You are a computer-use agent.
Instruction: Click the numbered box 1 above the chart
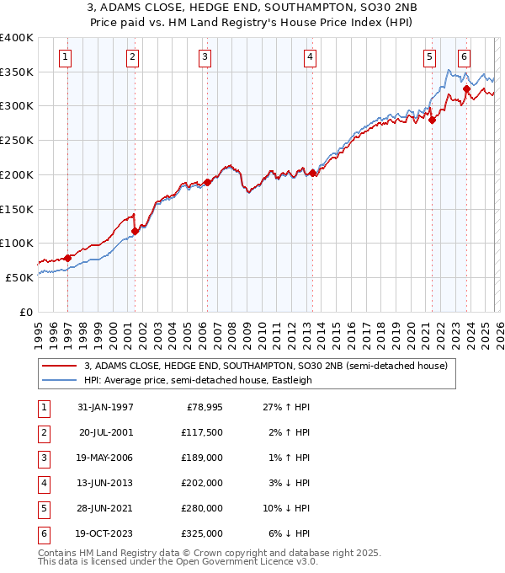66,57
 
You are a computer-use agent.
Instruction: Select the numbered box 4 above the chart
311,57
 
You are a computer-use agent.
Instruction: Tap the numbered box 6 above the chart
464,57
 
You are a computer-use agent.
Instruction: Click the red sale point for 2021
432,120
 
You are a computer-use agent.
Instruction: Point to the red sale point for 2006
207,181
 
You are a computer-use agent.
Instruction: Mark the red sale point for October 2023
466,88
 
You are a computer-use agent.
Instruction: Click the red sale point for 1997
67,258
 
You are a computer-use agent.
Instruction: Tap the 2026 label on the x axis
498,330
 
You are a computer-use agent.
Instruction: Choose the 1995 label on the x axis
38,330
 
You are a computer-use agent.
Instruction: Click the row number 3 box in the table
44,458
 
